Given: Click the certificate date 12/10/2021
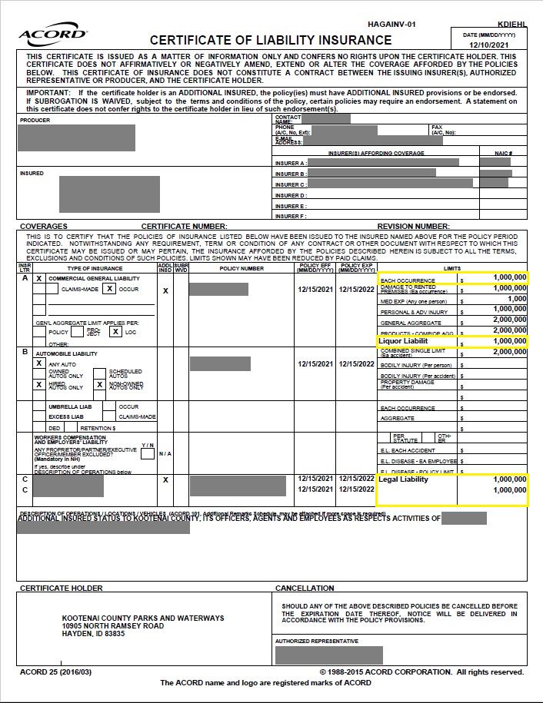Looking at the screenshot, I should [490, 45].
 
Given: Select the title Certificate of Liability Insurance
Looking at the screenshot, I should [271, 40].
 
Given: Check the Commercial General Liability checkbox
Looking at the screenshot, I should [38, 278].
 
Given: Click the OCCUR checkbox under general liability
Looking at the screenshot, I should [110, 289].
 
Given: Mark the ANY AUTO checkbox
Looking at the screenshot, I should [38, 363].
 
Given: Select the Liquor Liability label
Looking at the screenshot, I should [404, 340].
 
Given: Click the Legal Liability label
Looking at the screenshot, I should [404, 479].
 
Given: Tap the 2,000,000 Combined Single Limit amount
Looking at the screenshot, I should [509, 351].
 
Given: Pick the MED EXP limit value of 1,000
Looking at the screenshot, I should [516, 299].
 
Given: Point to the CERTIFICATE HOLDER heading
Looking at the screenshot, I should [61, 589].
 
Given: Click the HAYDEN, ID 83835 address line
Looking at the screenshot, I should [93, 634].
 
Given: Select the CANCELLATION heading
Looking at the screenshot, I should [305, 589].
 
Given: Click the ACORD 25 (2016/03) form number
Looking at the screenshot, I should [55, 672].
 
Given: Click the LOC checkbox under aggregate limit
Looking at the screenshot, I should [115, 332].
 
